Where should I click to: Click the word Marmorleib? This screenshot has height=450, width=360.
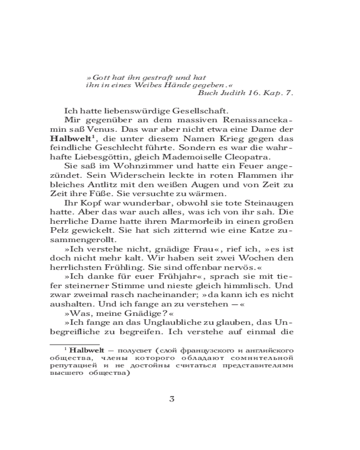click(x=179, y=223)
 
